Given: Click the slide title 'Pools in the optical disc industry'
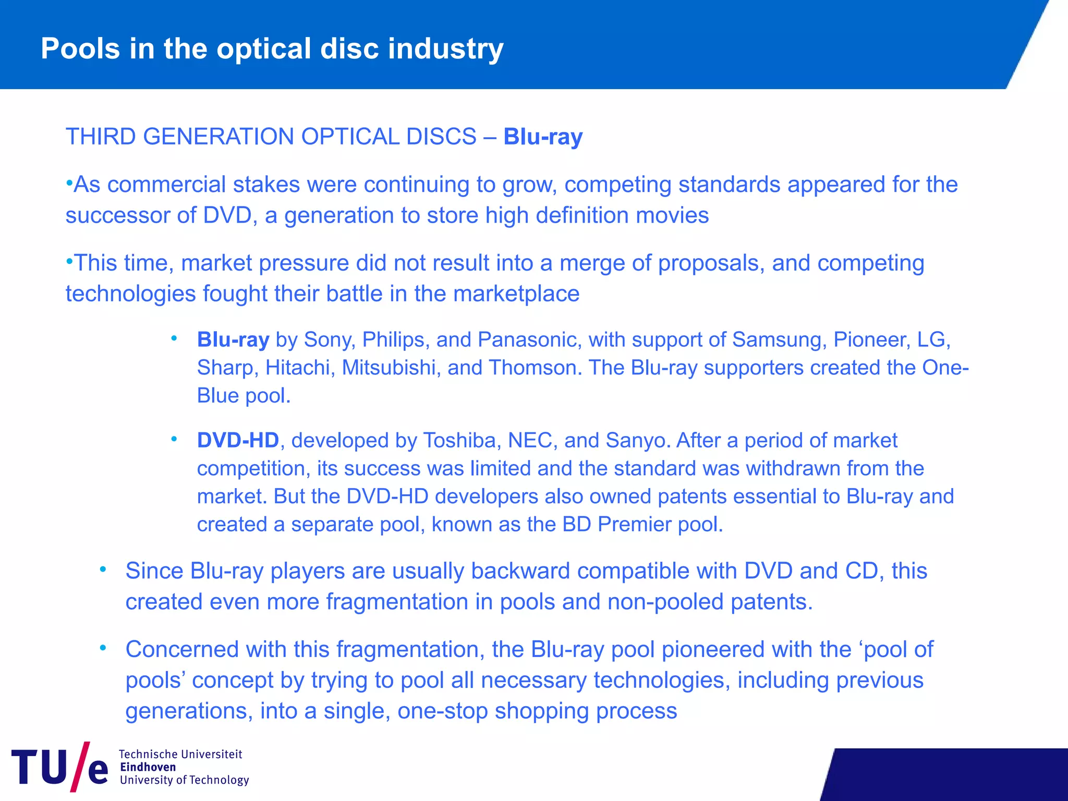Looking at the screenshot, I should [x=272, y=49].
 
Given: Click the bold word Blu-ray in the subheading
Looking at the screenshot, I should [x=543, y=137].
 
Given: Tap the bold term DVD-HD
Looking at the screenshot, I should [x=238, y=441].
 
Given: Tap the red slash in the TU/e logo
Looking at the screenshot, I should [x=80, y=767].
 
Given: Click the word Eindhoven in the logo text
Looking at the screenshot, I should [x=148, y=767].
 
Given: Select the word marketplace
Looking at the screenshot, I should [x=516, y=294].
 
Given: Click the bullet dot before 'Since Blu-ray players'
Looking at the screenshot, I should [x=103, y=569].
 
